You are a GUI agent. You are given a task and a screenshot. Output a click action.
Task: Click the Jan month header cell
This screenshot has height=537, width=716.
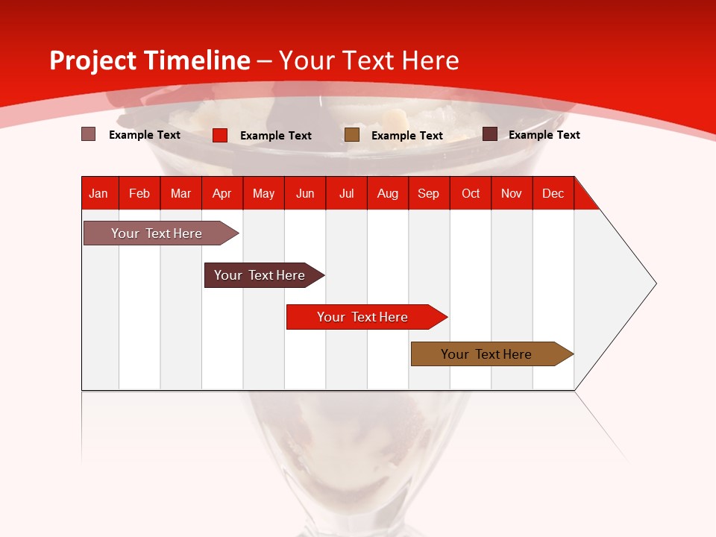[99, 193]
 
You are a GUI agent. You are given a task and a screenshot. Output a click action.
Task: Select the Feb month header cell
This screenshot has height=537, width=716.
[139, 193]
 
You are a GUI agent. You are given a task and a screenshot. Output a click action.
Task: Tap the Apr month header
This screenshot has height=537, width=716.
[222, 193]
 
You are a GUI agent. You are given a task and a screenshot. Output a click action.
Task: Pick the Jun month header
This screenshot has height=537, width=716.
[305, 193]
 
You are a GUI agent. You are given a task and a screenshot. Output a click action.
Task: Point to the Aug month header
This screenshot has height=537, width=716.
[388, 193]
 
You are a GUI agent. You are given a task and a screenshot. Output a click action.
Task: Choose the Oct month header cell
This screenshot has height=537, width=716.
[471, 193]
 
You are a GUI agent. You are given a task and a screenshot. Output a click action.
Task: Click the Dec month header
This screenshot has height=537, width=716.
[553, 193]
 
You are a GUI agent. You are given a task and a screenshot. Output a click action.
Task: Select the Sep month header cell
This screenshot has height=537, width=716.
[429, 193]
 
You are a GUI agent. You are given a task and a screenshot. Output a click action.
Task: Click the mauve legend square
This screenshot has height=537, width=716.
[89, 134]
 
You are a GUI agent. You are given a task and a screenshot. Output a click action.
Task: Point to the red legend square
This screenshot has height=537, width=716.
[220, 135]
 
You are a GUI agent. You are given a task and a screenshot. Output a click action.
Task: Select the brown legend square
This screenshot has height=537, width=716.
[352, 135]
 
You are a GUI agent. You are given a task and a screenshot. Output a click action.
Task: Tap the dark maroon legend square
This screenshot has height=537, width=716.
[490, 134]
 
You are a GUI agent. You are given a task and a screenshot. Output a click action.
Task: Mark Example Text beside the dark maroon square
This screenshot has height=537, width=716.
[544, 135]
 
